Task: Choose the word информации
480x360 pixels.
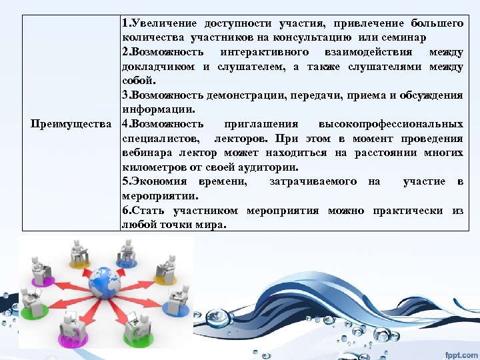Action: (157, 109)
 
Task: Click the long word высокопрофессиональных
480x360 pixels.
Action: (391, 124)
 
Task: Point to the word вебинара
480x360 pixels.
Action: (145, 153)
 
